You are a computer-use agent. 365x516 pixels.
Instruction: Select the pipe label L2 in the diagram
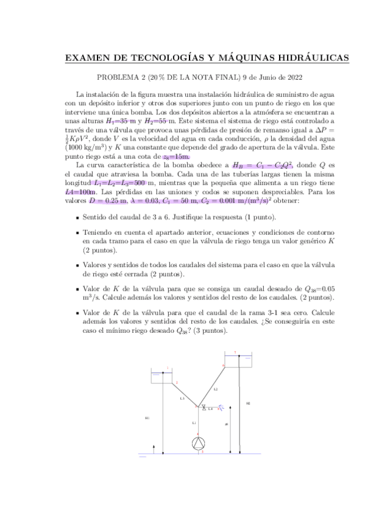point(216,388)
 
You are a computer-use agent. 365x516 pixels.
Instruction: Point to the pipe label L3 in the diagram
point(182,398)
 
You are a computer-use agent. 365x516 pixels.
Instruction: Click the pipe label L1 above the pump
point(194,422)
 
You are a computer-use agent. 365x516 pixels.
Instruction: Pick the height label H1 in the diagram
point(148,418)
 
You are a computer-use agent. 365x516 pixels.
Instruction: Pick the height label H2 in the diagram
point(247,403)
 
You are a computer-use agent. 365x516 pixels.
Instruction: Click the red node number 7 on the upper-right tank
point(235,352)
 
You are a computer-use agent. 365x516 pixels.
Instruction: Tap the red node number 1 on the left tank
point(168,367)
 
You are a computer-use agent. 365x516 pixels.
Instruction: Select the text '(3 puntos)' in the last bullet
point(208,330)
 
